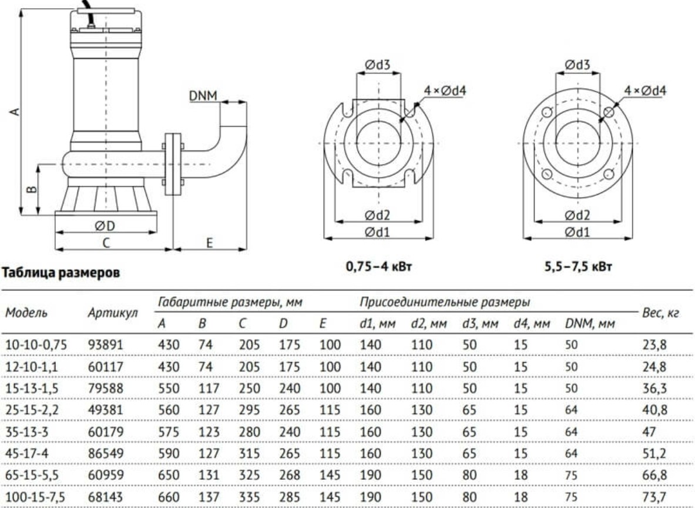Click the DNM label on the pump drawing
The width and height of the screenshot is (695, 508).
pos(203,96)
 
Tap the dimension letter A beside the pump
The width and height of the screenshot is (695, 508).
pos(15,111)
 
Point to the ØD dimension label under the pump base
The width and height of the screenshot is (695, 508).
pos(105,226)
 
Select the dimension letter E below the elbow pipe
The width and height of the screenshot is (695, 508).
pos(210,243)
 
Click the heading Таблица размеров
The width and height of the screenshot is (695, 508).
pos(61,272)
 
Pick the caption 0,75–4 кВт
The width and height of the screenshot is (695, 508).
pos(378,267)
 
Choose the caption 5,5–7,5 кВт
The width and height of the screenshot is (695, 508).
pos(578,267)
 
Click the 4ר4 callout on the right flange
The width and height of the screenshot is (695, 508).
pos(645,91)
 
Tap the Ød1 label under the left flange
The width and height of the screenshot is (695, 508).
pos(378,232)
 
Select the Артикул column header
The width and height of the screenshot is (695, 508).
pos(113,313)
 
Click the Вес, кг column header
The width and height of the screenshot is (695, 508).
pos(660,313)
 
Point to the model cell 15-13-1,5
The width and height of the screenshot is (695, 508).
pos(32,388)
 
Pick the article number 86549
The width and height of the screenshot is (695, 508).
pos(106,453)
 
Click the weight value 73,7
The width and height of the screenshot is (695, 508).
pos(654,496)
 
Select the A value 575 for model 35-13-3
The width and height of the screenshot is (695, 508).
pos(169,432)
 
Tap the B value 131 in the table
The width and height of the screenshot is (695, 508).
pos(209,475)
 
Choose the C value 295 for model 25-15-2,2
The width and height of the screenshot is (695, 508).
pos(249,409)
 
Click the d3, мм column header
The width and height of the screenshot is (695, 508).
pos(480,324)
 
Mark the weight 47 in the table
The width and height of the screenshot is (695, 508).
pos(649,432)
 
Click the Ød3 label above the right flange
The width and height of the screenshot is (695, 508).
pos(578,65)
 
